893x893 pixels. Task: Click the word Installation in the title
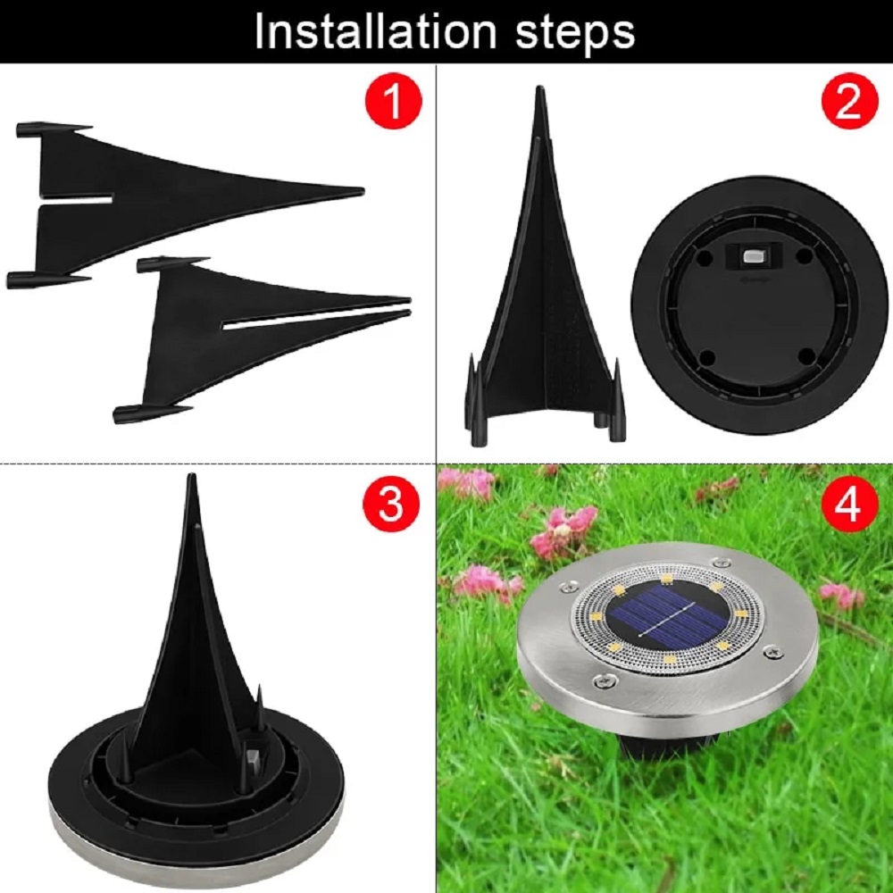click(376, 31)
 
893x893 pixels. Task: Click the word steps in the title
click(575, 34)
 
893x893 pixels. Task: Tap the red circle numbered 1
click(394, 100)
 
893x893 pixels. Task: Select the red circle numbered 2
click(849, 101)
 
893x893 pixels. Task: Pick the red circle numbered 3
click(391, 504)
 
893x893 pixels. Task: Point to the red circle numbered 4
click(848, 504)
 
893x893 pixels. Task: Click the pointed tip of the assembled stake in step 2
click(538, 88)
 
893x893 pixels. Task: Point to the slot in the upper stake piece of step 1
click(75, 202)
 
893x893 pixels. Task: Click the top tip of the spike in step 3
click(192, 476)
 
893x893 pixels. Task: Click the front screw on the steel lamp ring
click(604, 679)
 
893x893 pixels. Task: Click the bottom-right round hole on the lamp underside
click(806, 357)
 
